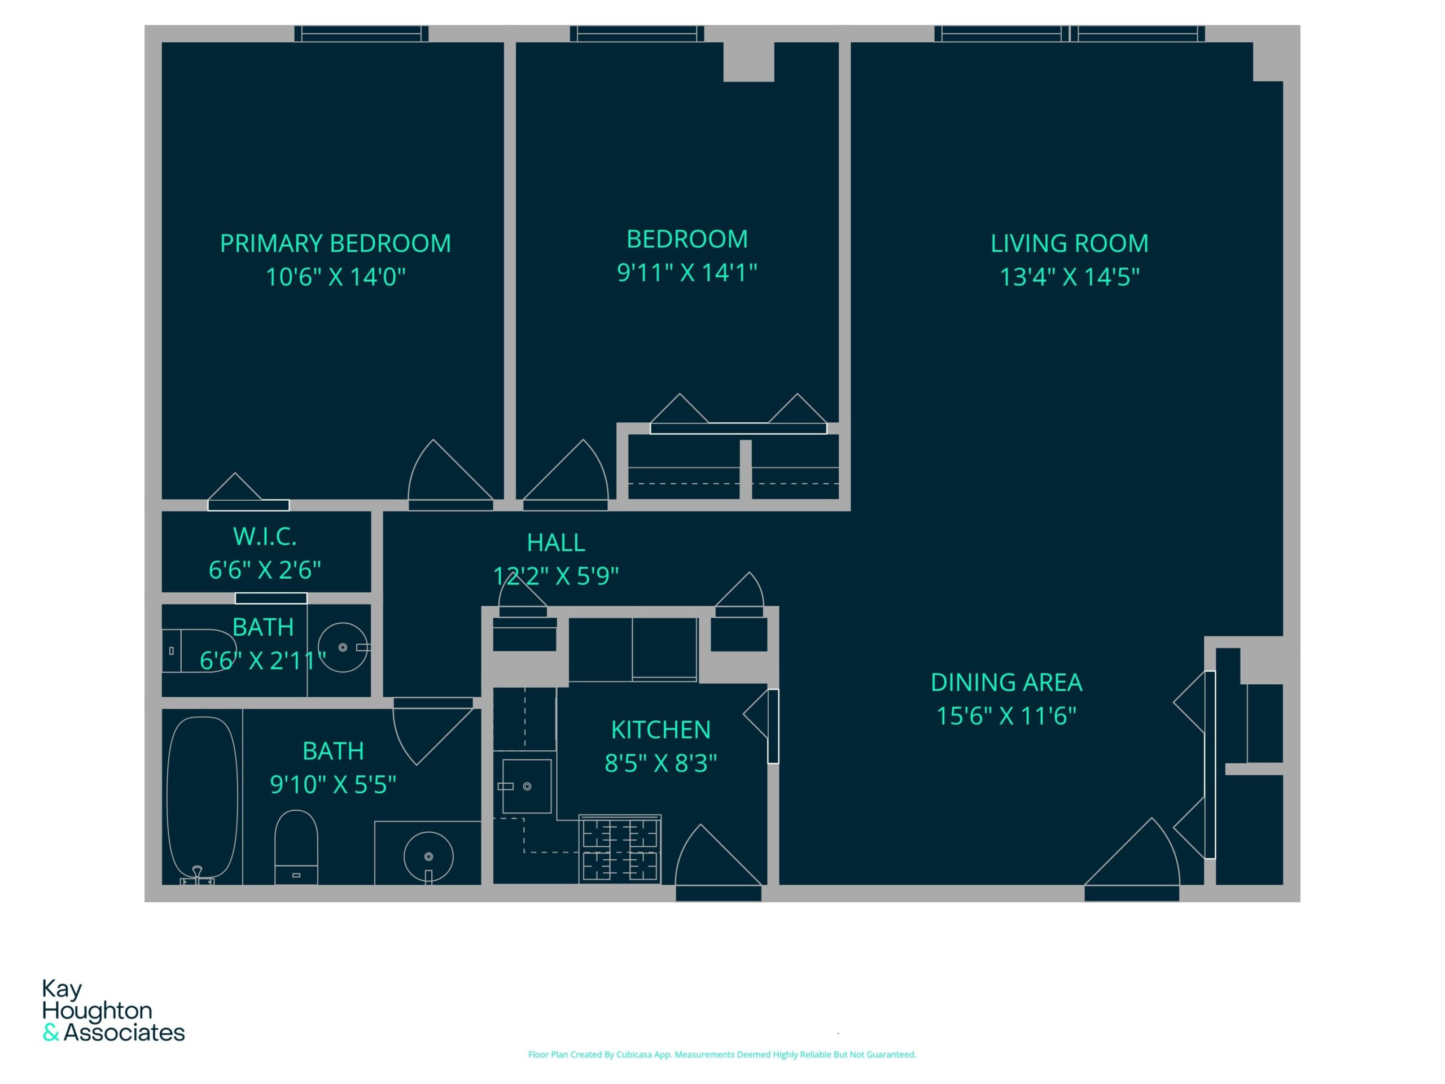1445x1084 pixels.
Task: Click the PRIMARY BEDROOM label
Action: [x=335, y=243]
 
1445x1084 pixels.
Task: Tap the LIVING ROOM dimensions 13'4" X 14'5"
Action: [x=1070, y=277]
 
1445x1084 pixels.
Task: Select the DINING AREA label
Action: [x=1006, y=683]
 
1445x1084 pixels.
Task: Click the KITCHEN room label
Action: [x=660, y=730]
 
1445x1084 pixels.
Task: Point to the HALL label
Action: [x=556, y=543]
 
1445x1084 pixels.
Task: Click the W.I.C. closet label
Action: [x=265, y=536]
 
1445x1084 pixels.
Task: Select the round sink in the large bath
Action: [x=428, y=856]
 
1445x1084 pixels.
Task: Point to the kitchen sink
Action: [x=527, y=786]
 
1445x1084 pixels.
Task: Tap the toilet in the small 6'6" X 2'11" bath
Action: [x=199, y=651]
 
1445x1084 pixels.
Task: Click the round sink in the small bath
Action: [x=344, y=648]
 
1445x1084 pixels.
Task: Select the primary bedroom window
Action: [x=361, y=34]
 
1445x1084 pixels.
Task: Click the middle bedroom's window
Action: [x=637, y=34]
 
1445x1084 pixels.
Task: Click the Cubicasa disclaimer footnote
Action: [x=722, y=1055]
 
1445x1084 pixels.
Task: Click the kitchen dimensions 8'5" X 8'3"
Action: [x=660, y=763]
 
